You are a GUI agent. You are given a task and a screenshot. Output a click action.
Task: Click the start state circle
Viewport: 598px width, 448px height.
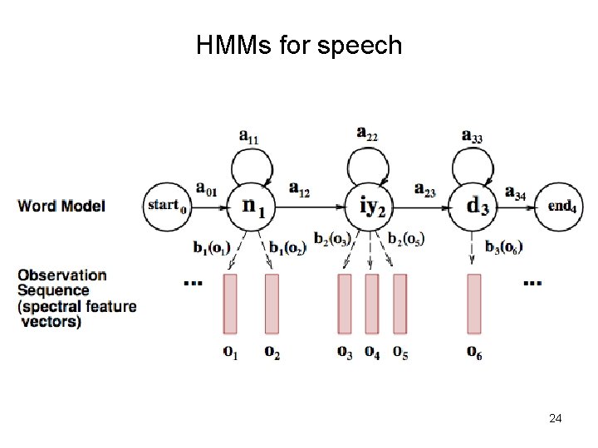coord(166,205)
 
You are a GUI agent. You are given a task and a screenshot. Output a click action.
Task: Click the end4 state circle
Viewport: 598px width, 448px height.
coord(561,205)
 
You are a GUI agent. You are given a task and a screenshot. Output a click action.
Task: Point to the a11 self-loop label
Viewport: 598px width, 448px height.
coord(248,136)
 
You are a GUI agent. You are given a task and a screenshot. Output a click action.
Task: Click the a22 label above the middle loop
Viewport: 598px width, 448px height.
coord(366,133)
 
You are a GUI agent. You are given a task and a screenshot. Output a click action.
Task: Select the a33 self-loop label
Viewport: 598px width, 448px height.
coord(472,136)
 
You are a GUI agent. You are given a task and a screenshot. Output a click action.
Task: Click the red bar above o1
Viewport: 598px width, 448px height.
coord(230,304)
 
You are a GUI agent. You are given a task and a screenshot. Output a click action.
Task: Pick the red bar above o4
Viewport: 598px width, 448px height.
coord(372,304)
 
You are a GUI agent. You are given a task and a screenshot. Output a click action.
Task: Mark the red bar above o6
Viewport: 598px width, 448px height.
coord(474,304)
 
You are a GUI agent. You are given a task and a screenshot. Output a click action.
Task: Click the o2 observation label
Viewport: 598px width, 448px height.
coord(272,353)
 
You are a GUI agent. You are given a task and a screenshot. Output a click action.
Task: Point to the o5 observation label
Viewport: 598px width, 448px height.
coord(400,353)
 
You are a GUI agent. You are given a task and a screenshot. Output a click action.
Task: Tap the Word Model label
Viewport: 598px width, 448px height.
coord(61,205)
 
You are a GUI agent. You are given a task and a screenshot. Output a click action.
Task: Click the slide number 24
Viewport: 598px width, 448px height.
coord(556,419)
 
